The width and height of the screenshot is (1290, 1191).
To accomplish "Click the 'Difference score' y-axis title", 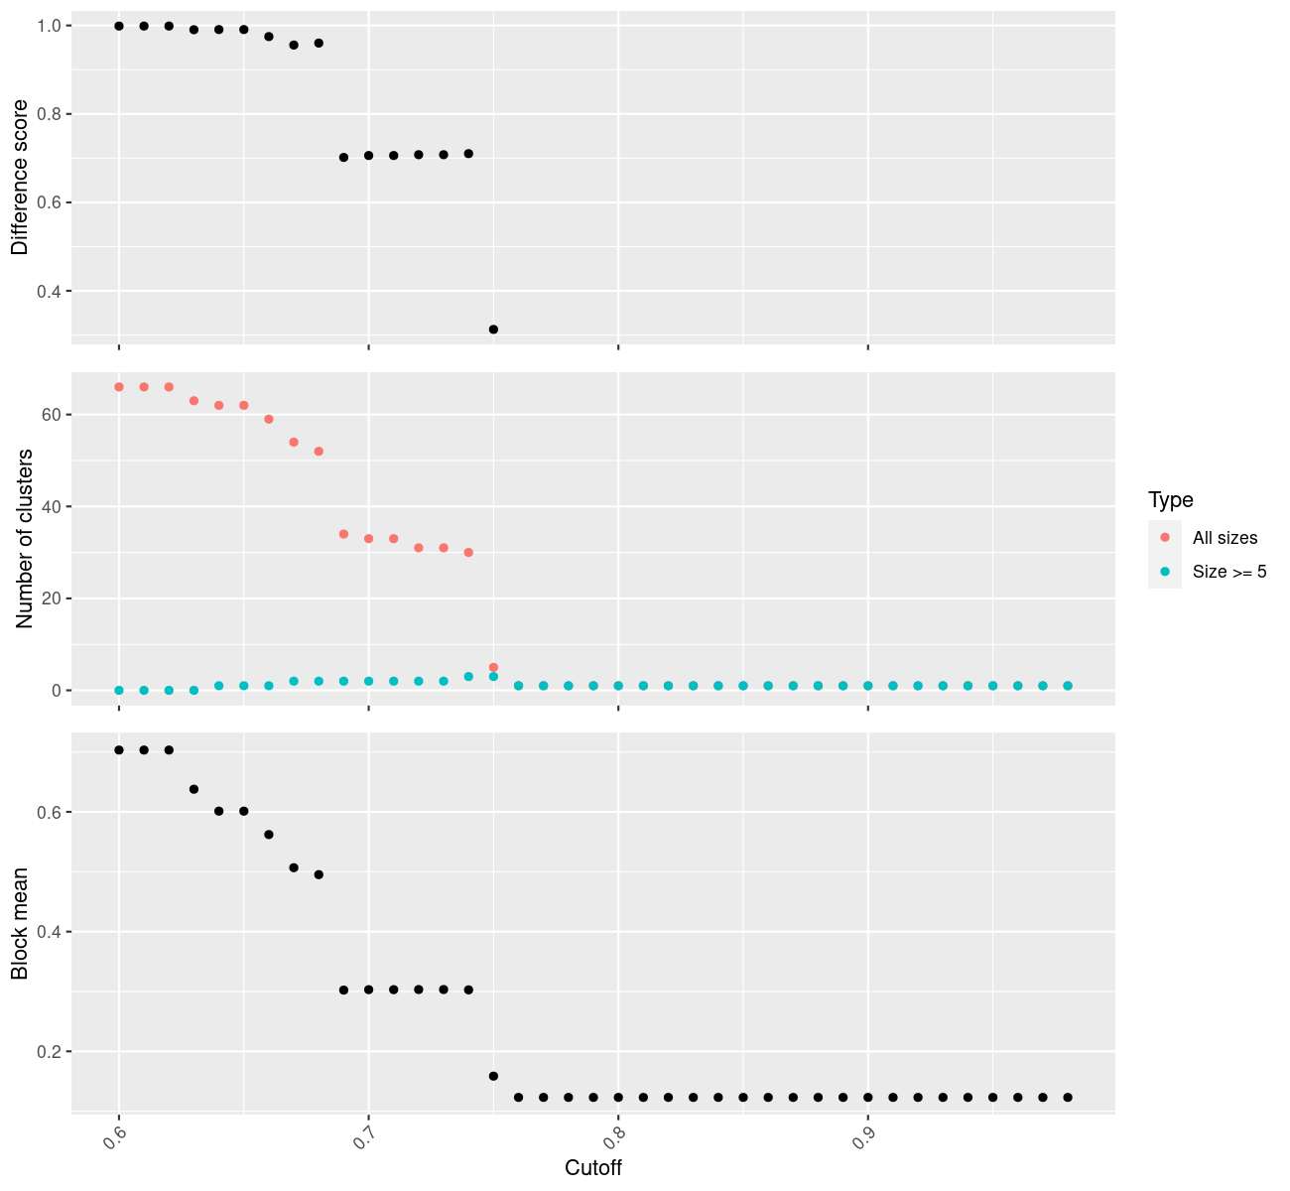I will [20, 177].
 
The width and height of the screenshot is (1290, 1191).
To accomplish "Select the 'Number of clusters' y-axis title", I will [26, 538].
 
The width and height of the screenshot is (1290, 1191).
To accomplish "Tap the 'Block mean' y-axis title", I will [20, 924].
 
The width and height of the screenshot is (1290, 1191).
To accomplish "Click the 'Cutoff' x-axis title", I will [593, 1168].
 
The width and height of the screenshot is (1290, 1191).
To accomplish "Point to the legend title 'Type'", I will [1171, 499].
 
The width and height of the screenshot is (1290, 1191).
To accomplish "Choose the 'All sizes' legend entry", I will [1225, 538].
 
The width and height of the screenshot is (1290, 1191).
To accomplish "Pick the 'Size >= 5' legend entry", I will [1229, 572].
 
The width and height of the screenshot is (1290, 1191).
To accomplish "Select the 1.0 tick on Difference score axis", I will [49, 26].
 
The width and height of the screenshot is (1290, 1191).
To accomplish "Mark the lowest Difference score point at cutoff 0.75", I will [493, 330].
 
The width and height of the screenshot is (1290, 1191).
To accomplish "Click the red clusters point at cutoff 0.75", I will [493, 668].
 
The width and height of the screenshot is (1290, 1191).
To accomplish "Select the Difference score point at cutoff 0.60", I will [119, 26].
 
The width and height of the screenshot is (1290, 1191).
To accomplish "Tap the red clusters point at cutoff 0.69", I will [343, 534].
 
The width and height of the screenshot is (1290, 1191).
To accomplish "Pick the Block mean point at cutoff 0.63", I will [193, 789].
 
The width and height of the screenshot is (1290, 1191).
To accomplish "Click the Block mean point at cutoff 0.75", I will [493, 1076].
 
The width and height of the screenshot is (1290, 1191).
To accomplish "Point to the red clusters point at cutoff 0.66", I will [269, 419].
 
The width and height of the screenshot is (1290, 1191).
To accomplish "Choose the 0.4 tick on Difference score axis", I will [49, 292].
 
